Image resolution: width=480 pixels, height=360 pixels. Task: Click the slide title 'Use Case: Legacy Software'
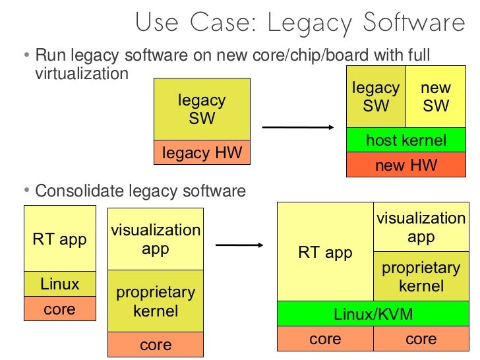coord(300,23)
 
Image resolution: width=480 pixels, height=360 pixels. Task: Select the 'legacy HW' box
coord(202,153)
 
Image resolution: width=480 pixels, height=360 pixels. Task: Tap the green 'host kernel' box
coord(406,140)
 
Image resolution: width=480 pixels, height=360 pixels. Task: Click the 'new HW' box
coord(406,165)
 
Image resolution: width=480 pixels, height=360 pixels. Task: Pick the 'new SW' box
coord(436,96)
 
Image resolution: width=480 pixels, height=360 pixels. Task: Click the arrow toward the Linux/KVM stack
coord(240,245)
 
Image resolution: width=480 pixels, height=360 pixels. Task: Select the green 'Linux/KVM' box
coord(373,314)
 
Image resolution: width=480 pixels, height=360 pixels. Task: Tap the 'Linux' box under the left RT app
coord(59,284)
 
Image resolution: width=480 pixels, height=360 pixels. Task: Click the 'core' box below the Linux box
coord(59,309)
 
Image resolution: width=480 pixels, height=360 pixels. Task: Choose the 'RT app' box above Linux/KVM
coord(326,252)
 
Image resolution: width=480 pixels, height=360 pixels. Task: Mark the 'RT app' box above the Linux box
coord(59,239)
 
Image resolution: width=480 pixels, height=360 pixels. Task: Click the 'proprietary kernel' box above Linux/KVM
coord(421,277)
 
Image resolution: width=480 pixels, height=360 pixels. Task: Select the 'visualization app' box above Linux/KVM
coord(421,227)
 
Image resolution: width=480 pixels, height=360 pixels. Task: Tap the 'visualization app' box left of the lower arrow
coord(156,239)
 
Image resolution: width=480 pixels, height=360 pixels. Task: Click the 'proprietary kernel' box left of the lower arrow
coord(156,301)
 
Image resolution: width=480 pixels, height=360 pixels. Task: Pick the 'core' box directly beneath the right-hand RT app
coord(326,339)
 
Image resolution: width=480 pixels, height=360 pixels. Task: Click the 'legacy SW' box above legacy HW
coord(202,109)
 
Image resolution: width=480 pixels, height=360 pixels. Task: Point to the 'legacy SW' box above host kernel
coord(376,96)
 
